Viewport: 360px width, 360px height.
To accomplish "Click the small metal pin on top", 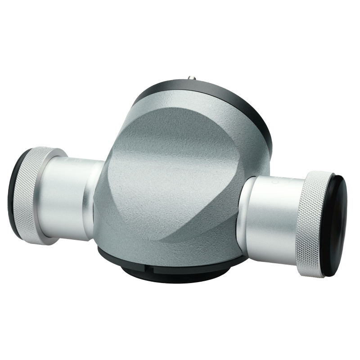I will click(x=193, y=77).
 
